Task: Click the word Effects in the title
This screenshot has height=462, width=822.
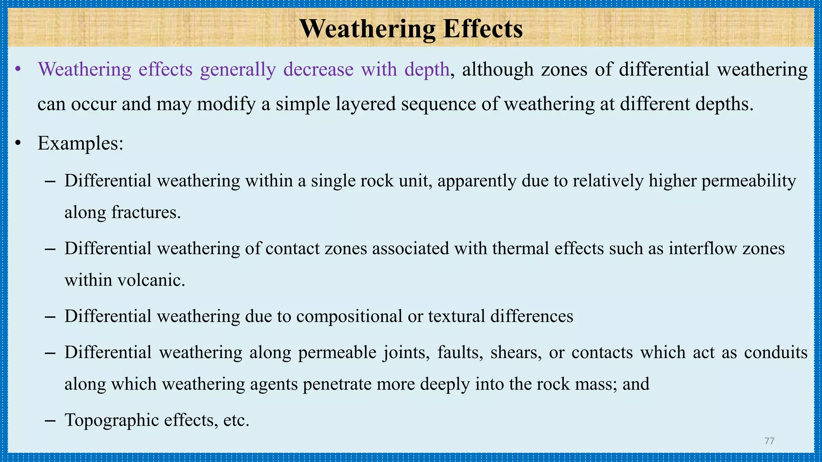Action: [483, 29]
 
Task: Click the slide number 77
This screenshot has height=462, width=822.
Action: [769, 441]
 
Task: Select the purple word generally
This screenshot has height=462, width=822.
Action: [238, 70]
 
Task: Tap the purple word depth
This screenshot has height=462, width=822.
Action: [427, 70]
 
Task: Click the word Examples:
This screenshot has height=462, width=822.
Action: [80, 143]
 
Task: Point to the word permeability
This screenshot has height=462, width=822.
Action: [749, 181]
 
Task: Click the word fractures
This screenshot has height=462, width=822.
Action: [146, 213]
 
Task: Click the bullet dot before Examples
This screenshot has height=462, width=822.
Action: [18, 143]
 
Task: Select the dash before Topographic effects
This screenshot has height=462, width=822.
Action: [50, 421]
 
